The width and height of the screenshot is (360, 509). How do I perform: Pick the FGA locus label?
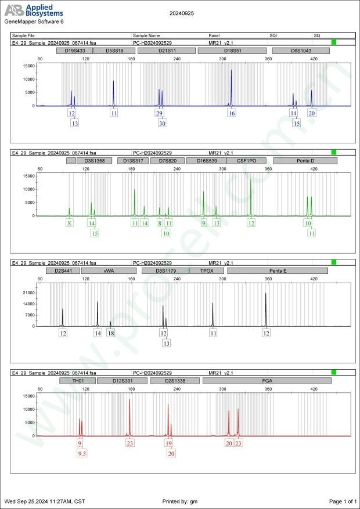(267, 381)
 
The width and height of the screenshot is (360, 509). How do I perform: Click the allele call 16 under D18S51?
(232, 113)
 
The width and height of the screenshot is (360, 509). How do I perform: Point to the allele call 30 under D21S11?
(162, 123)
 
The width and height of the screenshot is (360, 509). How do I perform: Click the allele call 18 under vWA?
(110, 333)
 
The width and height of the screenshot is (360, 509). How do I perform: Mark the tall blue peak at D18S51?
(231, 87)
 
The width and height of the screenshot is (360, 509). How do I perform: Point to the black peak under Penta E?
(266, 308)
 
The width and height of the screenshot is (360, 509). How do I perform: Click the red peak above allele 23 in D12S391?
(129, 415)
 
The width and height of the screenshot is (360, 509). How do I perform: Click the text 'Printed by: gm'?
(180, 501)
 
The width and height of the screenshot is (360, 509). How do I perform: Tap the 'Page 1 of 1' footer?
(342, 501)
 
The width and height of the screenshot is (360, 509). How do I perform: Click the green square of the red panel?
(334, 373)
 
